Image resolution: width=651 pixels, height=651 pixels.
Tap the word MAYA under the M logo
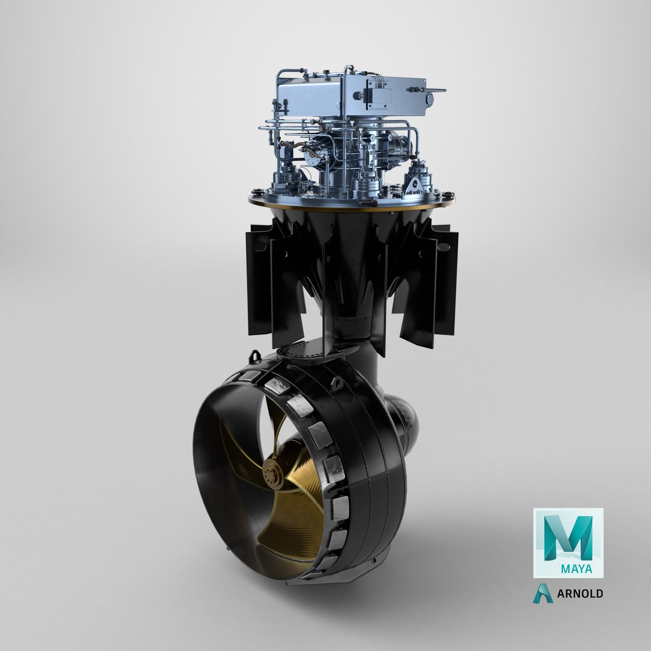click(x=576, y=568)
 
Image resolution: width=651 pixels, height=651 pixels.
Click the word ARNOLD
click(x=580, y=594)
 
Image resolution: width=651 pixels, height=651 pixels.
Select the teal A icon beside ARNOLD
click(x=542, y=593)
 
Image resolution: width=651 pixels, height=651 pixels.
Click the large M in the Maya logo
click(x=568, y=537)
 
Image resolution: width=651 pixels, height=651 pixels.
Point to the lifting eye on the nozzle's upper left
click(x=254, y=356)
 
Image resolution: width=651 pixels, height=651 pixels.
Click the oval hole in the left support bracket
click(x=260, y=247)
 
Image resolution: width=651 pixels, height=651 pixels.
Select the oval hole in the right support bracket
click(x=444, y=247)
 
